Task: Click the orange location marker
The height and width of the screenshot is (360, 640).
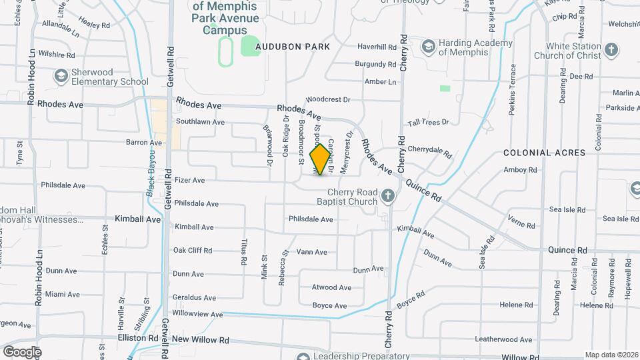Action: click(x=321, y=159)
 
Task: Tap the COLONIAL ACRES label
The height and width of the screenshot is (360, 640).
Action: click(x=545, y=153)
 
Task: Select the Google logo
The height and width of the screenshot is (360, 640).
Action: click(x=22, y=351)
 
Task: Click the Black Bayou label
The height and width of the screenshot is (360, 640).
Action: click(x=151, y=180)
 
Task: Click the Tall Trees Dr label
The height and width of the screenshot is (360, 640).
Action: click(x=429, y=122)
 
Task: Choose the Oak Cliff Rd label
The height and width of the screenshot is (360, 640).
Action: click(x=193, y=251)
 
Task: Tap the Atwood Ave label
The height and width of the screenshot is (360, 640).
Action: click(x=331, y=288)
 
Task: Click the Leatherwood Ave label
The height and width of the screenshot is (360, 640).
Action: click(x=504, y=339)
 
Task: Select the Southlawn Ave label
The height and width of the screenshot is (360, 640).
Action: click(x=200, y=122)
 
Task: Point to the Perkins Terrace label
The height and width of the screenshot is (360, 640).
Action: click(x=513, y=90)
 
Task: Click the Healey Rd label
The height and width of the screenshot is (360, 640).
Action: click(x=95, y=25)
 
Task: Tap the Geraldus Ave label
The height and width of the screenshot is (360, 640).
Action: click(x=194, y=298)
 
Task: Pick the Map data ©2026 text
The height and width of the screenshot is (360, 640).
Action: click(x=611, y=355)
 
